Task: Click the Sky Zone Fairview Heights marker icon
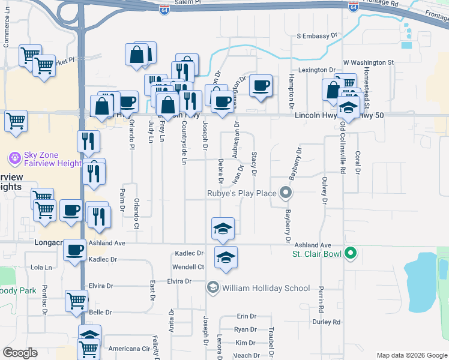tap(14, 158)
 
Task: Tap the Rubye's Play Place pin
tap(286, 193)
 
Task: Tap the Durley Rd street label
tap(326, 322)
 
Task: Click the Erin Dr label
tap(246, 316)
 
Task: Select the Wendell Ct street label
tap(188, 266)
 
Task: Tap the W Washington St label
tap(368, 62)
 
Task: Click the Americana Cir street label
tap(128, 349)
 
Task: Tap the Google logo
tap(20, 352)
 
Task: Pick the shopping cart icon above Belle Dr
tap(76, 299)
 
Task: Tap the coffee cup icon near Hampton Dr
tap(261, 85)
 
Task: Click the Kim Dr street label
tap(246, 343)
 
